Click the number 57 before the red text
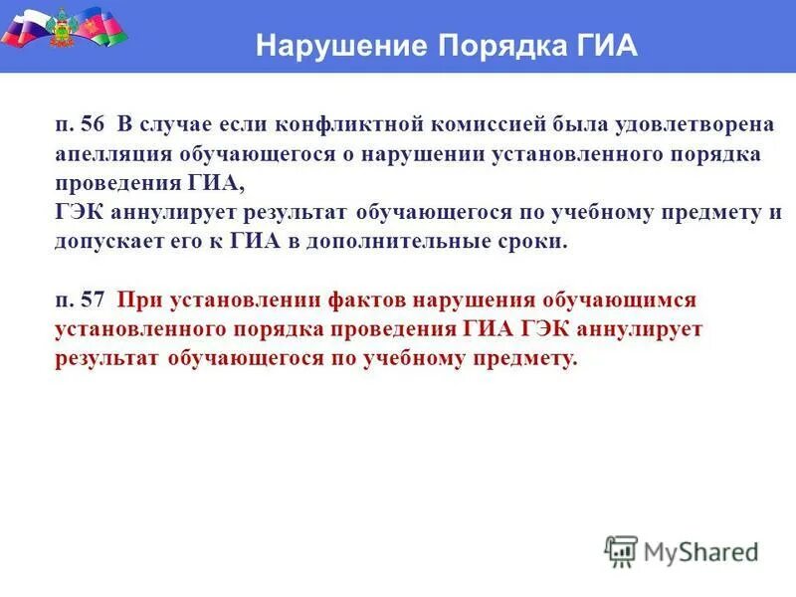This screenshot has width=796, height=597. point(94,299)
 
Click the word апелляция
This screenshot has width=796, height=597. point(114,155)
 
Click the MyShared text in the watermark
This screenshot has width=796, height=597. point(700,550)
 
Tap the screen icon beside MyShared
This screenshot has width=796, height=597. point(621,550)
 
